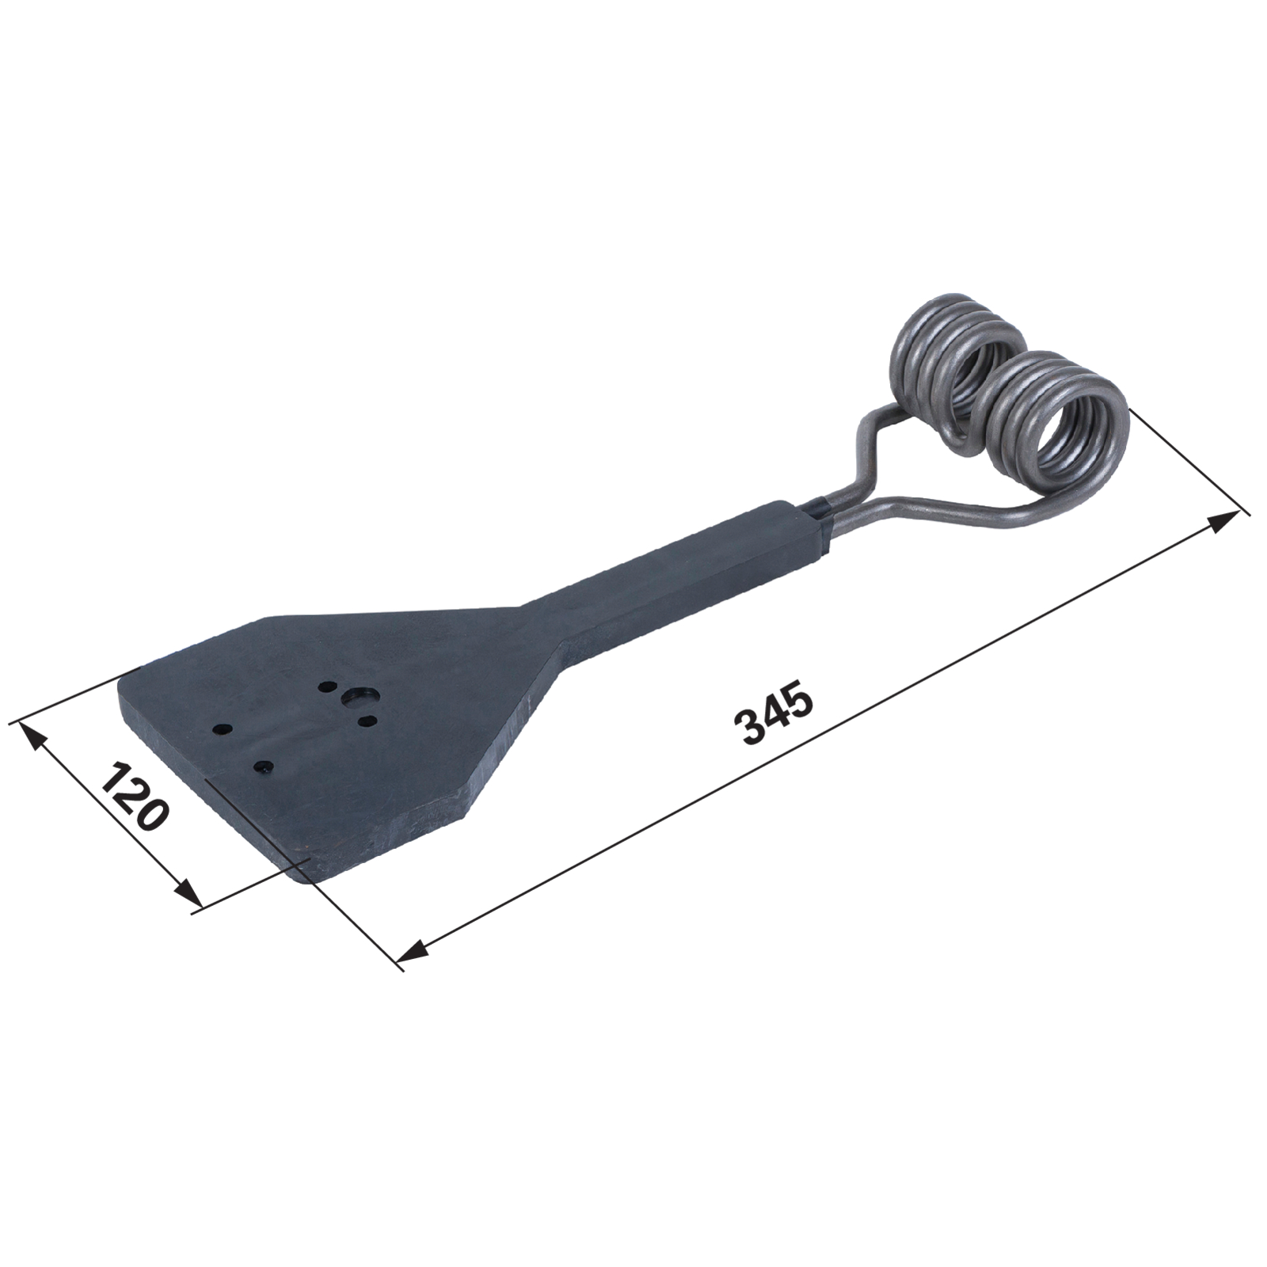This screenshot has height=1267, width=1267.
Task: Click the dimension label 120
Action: (x=136, y=795)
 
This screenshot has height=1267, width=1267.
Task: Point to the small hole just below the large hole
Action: (x=368, y=721)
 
